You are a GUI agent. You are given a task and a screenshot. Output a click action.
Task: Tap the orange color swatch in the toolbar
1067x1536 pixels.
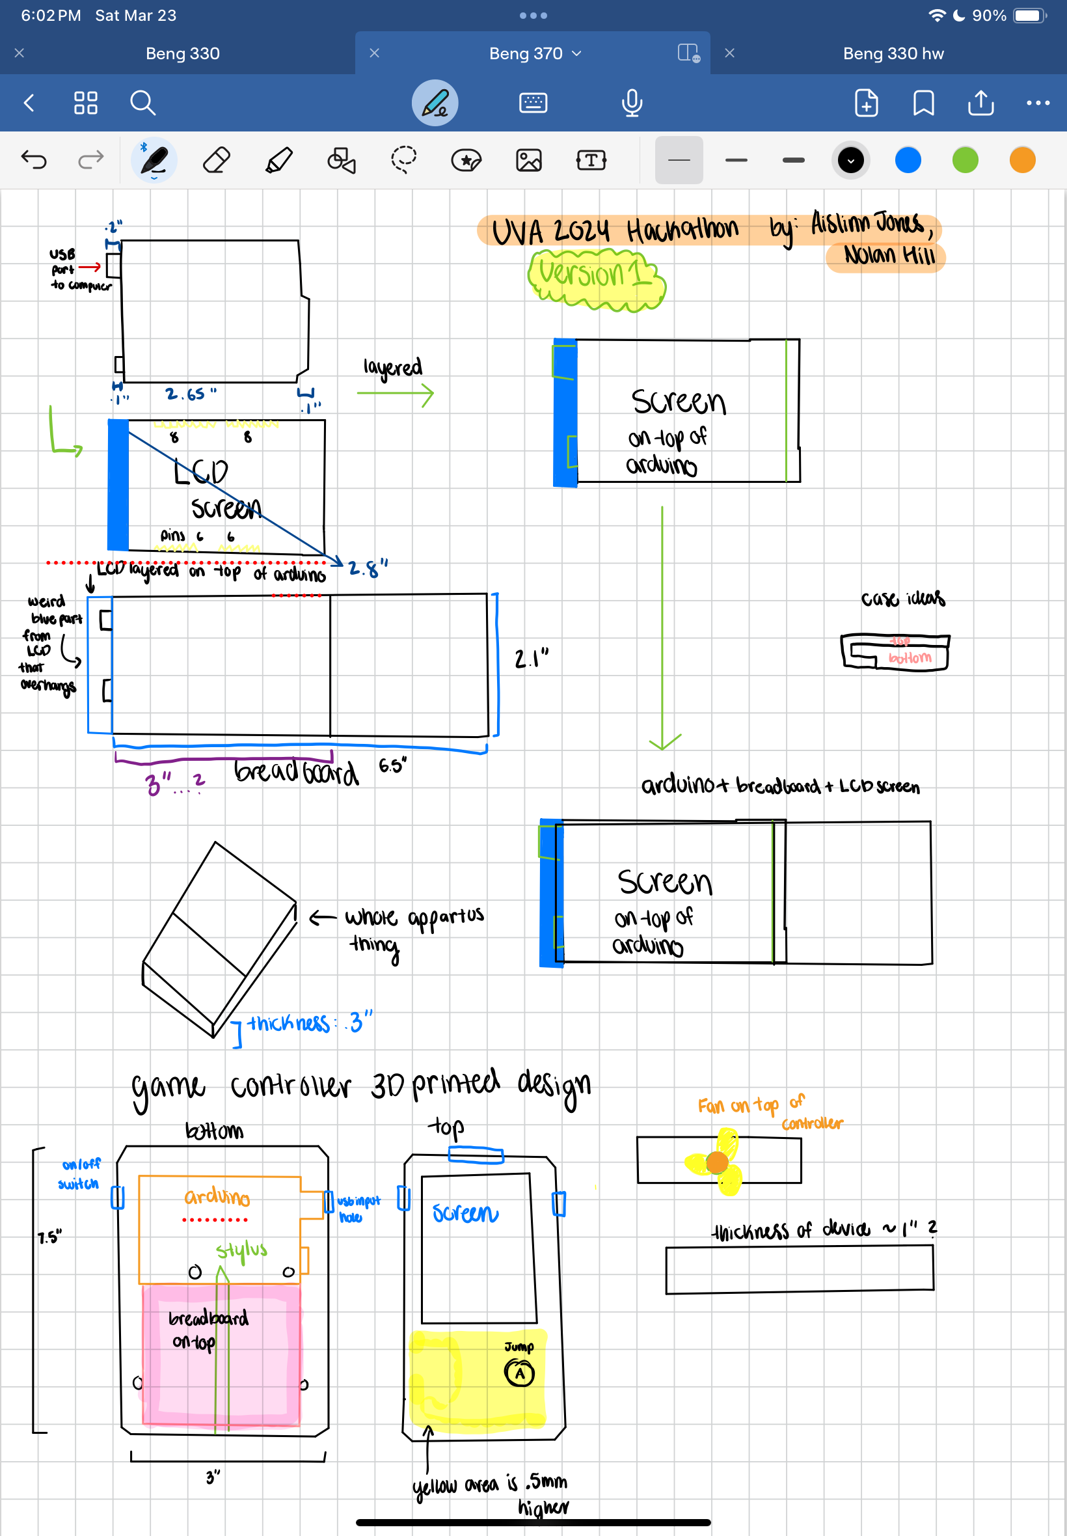(x=1021, y=161)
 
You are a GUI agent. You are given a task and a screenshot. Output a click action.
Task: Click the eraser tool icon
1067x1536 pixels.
(x=216, y=161)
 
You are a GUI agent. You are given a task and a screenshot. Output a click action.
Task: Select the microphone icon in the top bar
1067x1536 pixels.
(x=631, y=103)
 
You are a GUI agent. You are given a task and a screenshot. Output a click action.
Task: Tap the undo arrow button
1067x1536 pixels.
(x=34, y=160)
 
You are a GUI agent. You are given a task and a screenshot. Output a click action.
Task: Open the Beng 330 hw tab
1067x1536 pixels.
(x=893, y=53)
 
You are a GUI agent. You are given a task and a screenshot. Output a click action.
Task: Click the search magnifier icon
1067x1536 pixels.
(x=142, y=103)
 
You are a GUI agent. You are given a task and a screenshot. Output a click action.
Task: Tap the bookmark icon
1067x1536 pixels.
(x=923, y=103)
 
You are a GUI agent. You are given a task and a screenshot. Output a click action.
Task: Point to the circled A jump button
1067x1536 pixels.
(x=519, y=1373)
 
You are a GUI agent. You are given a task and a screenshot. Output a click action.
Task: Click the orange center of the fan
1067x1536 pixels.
(x=718, y=1163)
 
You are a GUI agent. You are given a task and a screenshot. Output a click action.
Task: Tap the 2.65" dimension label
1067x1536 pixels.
(x=191, y=394)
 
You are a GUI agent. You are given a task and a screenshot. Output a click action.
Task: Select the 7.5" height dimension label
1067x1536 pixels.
(x=49, y=1237)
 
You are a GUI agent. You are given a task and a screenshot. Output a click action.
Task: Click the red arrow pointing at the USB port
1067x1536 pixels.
(x=90, y=267)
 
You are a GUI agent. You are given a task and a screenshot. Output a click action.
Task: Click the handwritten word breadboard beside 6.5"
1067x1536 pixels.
(x=296, y=772)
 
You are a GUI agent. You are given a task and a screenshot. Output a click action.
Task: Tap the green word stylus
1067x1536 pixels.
(x=241, y=1250)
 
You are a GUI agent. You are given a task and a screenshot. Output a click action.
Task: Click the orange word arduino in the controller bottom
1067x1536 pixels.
(x=217, y=1196)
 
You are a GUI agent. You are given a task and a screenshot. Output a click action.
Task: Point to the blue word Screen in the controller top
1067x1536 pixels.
(x=465, y=1213)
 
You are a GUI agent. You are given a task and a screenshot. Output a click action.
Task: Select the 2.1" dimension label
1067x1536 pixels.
(x=532, y=659)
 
